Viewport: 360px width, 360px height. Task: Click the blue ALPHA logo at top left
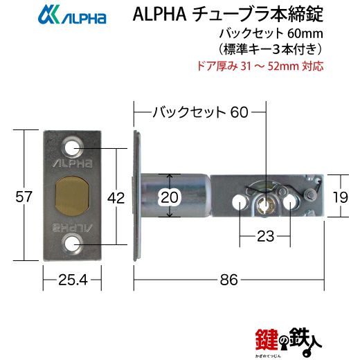pos(72,15)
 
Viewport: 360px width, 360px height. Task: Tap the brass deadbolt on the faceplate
pos(72,196)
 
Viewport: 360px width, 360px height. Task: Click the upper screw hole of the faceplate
pos(72,147)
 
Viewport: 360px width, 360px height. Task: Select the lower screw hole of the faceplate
pos(72,244)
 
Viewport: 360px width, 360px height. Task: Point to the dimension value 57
pos(24,197)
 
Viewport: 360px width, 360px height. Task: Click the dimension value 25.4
pos(73,280)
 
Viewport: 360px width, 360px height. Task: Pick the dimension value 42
pos(116,198)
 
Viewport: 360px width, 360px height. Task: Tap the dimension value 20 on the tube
pos(170,197)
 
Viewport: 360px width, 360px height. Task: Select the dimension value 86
pos(228,280)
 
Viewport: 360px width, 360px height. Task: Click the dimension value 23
pos(266,236)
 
